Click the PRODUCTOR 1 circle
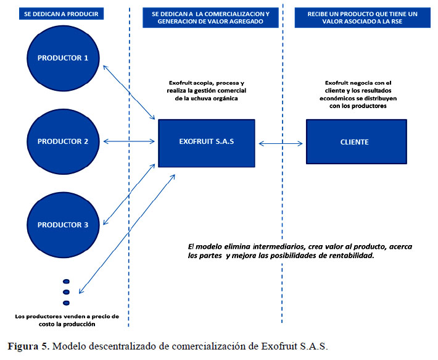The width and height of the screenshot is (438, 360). pos(63,58)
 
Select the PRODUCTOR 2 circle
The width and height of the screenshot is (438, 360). pos(63,141)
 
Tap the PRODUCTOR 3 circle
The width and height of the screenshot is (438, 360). pos(63,225)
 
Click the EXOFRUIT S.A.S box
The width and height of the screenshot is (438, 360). pos(207,143)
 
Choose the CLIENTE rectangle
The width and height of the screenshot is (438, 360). pos(357,141)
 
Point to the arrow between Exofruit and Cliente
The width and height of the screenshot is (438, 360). pos(281,144)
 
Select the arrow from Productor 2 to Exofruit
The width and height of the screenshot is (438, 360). pos(129,141)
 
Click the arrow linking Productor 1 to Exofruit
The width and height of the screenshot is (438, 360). pos(129,93)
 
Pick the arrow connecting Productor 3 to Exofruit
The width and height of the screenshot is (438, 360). pos(129,195)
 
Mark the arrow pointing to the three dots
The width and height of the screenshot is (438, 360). pos(127,234)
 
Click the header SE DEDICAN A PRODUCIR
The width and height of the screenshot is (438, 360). pos(61,14)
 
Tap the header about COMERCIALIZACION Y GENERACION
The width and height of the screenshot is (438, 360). pos(210,18)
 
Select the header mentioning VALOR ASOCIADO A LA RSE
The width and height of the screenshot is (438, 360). pos(363,18)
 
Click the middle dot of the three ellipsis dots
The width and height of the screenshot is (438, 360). pos(66,292)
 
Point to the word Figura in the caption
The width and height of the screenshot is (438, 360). pos(23,346)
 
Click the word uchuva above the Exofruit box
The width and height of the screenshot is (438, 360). pos(201,98)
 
